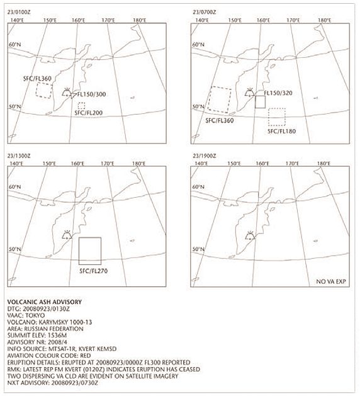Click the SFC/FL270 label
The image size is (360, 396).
click(93, 271)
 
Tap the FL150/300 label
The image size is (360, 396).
click(91, 94)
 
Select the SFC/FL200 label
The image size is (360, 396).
click(89, 113)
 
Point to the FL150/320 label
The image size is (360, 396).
click(278, 93)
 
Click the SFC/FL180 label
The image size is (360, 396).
click(281, 131)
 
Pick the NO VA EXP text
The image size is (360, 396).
click(331, 281)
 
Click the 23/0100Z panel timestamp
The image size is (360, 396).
click(19, 12)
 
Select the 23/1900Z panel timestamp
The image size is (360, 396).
click(205, 156)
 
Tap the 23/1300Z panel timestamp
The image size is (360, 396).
click(19, 156)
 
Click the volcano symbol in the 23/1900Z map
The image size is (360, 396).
click(250, 235)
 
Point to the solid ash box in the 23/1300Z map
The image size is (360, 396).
click(79, 251)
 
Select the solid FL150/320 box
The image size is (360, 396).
click(256, 102)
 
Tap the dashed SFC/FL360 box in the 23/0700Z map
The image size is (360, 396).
click(208, 98)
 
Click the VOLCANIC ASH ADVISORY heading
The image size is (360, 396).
click(45, 302)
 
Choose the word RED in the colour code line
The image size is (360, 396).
click(85, 356)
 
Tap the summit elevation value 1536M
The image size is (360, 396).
click(57, 336)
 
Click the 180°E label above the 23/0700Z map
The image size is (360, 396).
click(324, 20)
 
